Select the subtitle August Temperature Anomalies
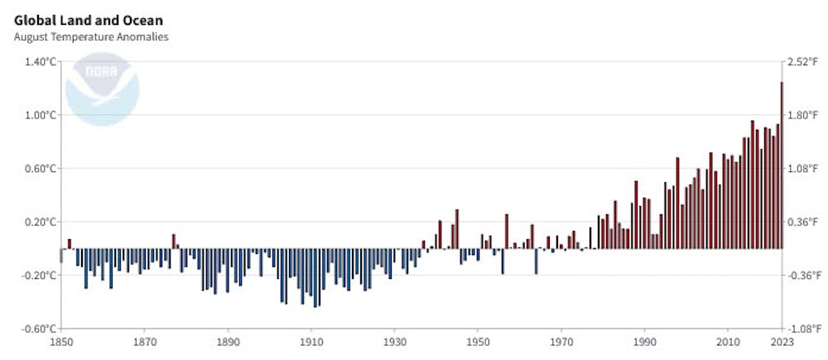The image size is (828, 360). [91, 37]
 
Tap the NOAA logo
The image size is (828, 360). [103, 89]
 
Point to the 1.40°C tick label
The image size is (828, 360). [38, 62]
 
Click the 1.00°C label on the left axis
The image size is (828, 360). [38, 115]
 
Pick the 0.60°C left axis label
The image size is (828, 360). [38, 168]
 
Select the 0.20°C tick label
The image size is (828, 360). [38, 222]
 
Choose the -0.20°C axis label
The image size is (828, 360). [37, 275]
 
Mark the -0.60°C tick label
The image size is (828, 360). [37, 329]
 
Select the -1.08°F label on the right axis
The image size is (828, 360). [801, 329]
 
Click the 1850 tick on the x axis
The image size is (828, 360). [61, 341]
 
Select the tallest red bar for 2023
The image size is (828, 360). [782, 165]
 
